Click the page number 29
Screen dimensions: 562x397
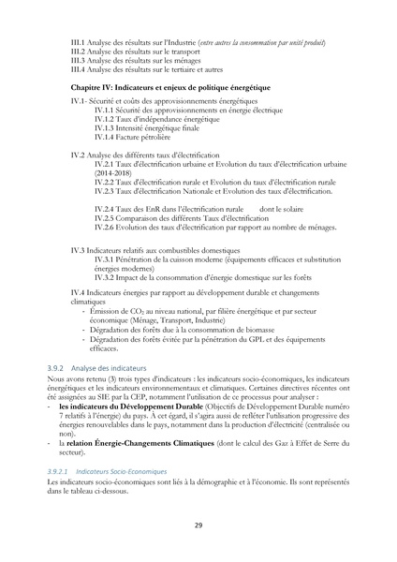(198, 525)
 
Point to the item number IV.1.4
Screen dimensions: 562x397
(104, 136)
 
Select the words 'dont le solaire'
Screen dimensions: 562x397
(287, 208)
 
